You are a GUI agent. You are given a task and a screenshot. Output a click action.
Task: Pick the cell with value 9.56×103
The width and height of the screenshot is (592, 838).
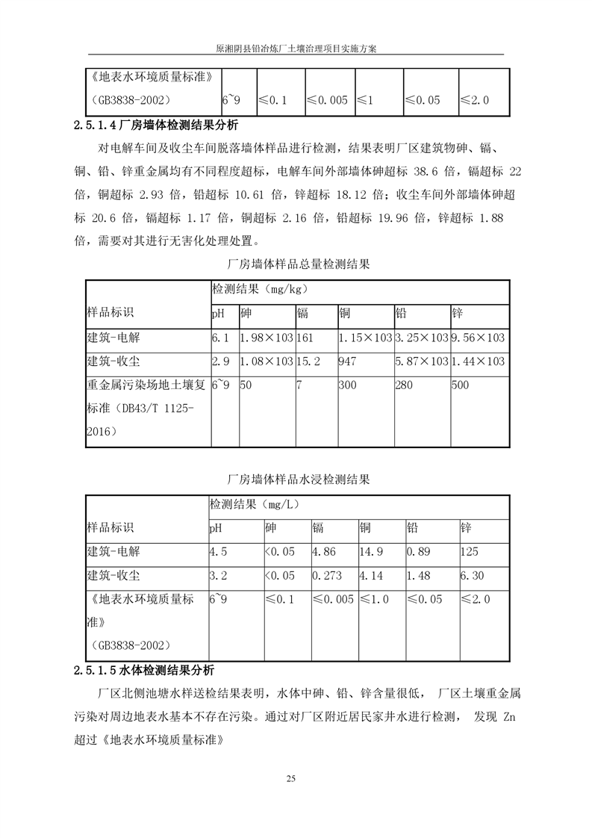click(478, 338)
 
